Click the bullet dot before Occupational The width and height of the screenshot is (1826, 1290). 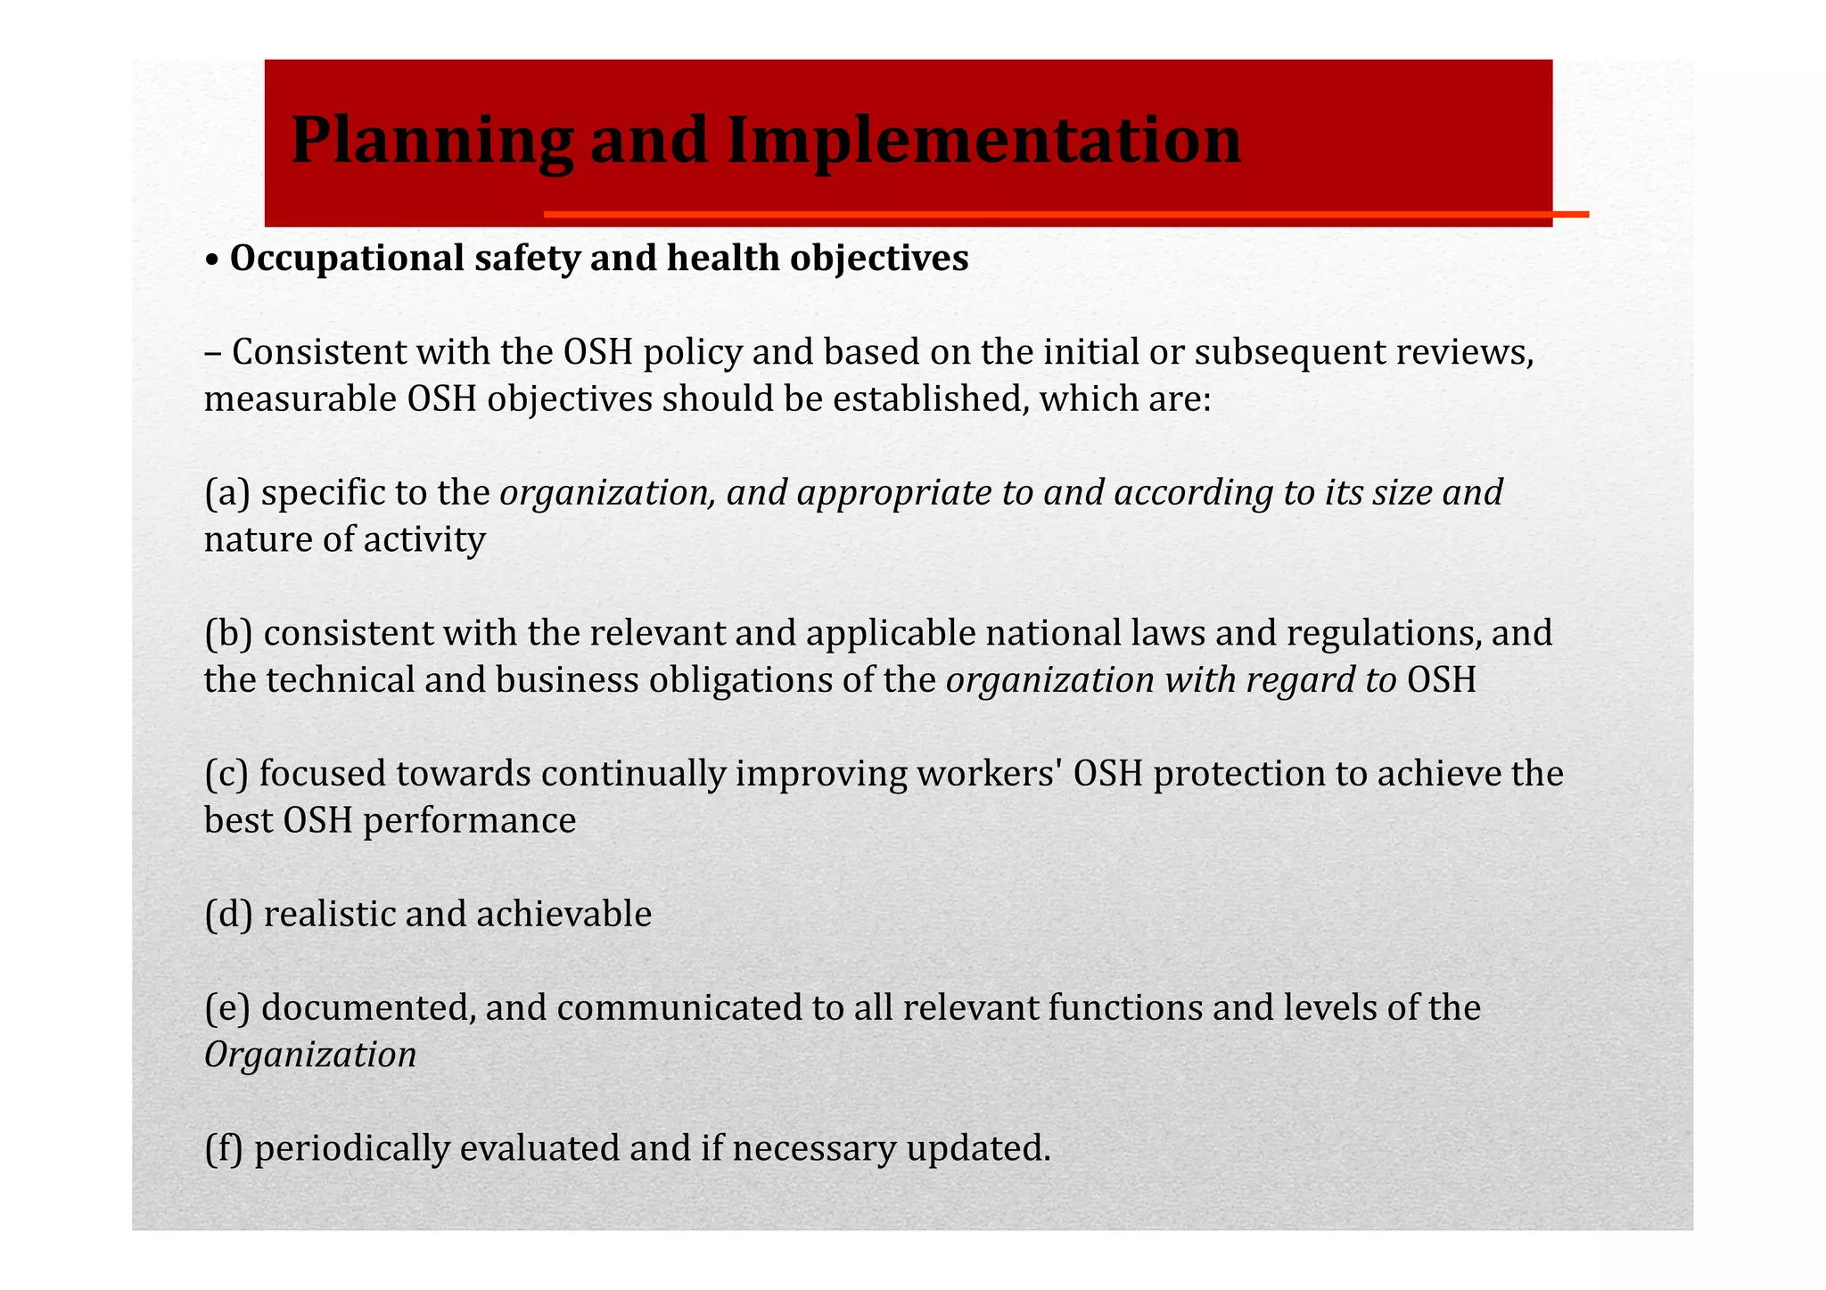(x=211, y=260)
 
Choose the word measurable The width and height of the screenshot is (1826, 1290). (x=300, y=399)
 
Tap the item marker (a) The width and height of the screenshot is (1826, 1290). (x=227, y=493)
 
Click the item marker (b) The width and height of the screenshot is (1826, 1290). (x=228, y=634)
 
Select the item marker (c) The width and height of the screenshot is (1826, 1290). (x=226, y=774)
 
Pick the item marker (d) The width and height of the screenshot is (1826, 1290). (x=228, y=915)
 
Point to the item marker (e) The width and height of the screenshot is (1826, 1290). (x=227, y=1008)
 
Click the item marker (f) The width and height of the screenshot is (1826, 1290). (x=224, y=1148)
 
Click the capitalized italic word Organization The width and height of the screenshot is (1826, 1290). (x=310, y=1056)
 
